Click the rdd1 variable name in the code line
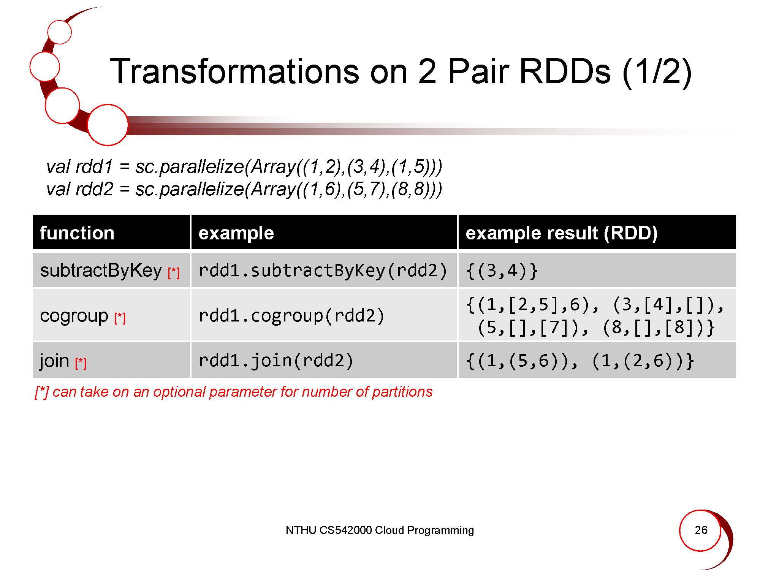point(94,167)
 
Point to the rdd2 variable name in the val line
point(94,189)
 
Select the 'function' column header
point(77,233)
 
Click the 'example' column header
point(236,233)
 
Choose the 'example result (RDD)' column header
point(561,233)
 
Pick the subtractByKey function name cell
point(101,271)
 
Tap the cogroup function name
point(74,316)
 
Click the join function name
point(54,360)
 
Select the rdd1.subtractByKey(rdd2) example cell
point(323,271)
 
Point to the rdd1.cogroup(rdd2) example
point(291,316)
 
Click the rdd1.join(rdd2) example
point(276,361)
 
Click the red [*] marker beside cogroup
point(120,318)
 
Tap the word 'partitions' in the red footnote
point(402,392)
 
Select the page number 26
point(701,530)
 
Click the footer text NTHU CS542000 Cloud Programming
point(380,530)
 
